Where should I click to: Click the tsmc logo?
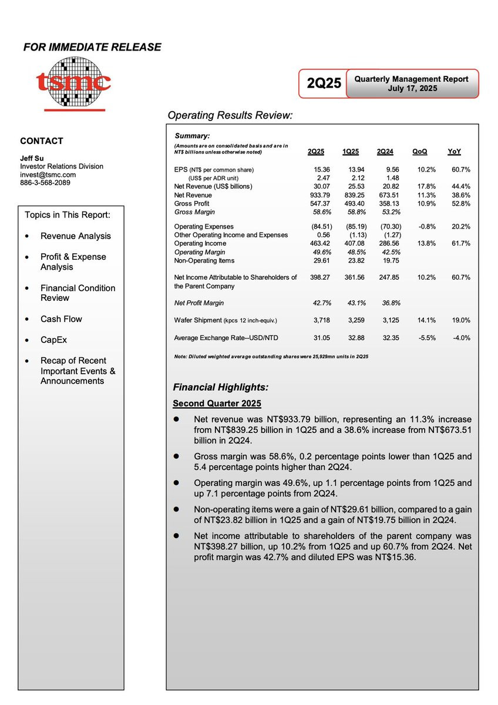[73, 83]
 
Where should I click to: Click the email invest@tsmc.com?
[48, 174]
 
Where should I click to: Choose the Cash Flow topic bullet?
[61, 319]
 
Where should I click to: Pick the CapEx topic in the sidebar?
[55, 340]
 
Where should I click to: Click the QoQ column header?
[420, 152]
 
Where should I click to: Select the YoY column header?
[454, 152]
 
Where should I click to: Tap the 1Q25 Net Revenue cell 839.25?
[352, 195]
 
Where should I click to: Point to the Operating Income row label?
[200, 243]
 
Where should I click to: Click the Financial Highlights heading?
[221, 387]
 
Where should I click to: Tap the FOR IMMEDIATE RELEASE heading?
[92, 47]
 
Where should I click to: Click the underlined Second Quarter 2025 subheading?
[217, 404]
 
